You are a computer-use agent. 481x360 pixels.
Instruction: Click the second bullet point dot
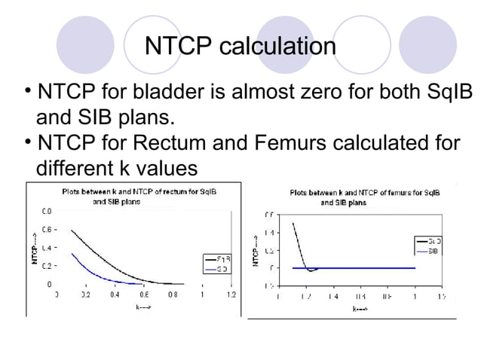28,139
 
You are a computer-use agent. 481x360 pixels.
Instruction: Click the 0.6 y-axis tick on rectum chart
47,230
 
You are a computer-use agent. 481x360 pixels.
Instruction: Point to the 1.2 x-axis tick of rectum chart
230,294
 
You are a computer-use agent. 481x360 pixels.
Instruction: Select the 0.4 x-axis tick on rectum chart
114,294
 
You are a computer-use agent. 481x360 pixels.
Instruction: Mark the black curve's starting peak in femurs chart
293,223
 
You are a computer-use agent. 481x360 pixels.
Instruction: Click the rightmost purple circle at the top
427,45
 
